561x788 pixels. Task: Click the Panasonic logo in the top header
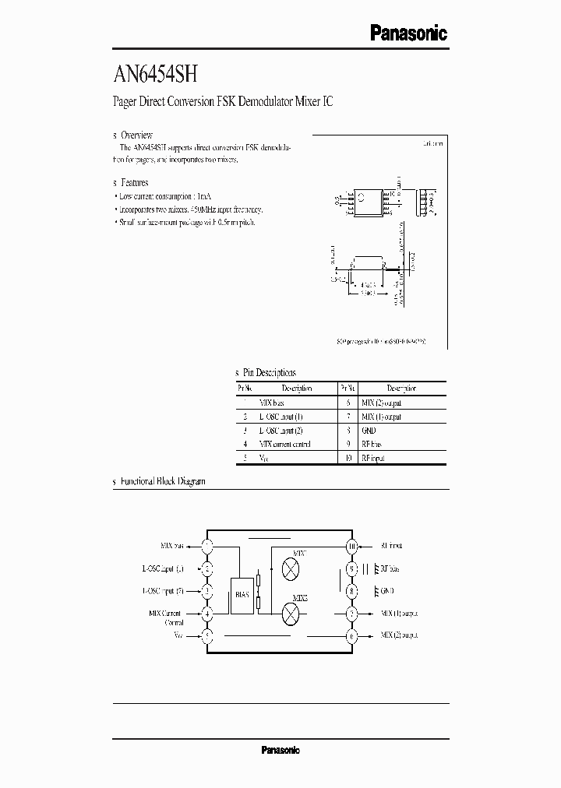coord(408,33)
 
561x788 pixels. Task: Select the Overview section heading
coord(136,135)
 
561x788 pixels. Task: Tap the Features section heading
coord(134,182)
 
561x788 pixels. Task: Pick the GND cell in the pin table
coord(369,430)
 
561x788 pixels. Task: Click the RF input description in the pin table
coord(373,458)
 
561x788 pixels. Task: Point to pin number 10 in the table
coord(348,458)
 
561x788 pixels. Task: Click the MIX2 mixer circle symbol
coord(290,613)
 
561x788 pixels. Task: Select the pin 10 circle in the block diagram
coord(352,547)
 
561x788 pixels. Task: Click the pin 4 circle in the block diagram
coord(207,614)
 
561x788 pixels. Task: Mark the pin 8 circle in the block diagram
coord(352,591)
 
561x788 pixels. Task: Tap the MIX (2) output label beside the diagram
coord(400,635)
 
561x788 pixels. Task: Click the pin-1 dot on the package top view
coord(352,196)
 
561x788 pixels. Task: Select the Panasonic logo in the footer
coord(280,750)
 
